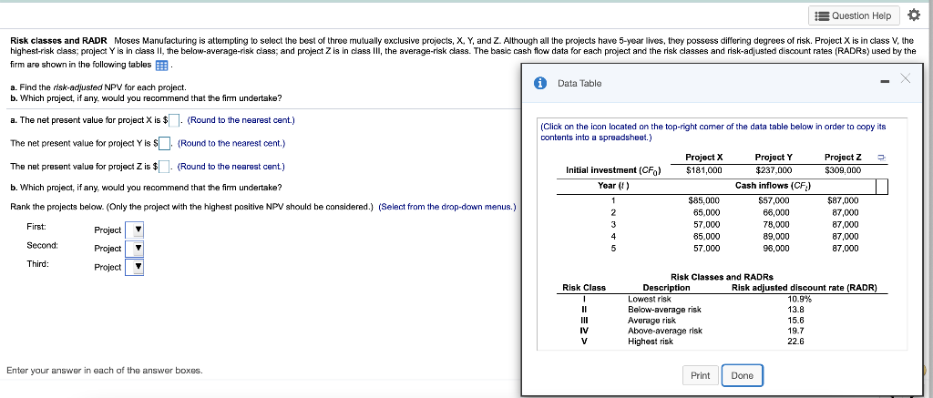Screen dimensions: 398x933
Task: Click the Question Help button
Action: click(854, 15)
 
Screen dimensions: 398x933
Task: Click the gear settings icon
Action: click(916, 15)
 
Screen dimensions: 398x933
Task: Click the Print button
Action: click(700, 375)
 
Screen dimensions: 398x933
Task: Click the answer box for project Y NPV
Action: click(166, 143)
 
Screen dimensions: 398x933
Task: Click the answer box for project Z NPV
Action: click(166, 166)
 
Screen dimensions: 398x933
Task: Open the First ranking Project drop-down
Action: click(134, 230)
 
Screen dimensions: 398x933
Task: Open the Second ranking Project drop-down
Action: click(134, 249)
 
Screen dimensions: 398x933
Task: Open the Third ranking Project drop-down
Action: click(134, 268)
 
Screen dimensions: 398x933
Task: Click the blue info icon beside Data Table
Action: click(539, 83)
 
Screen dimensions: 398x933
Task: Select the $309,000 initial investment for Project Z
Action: click(843, 169)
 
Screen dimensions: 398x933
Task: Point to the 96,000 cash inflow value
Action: click(774, 247)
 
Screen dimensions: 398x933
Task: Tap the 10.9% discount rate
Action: click(800, 299)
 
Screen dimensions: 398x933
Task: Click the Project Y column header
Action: click(774, 157)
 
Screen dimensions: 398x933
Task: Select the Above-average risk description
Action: click(664, 331)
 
